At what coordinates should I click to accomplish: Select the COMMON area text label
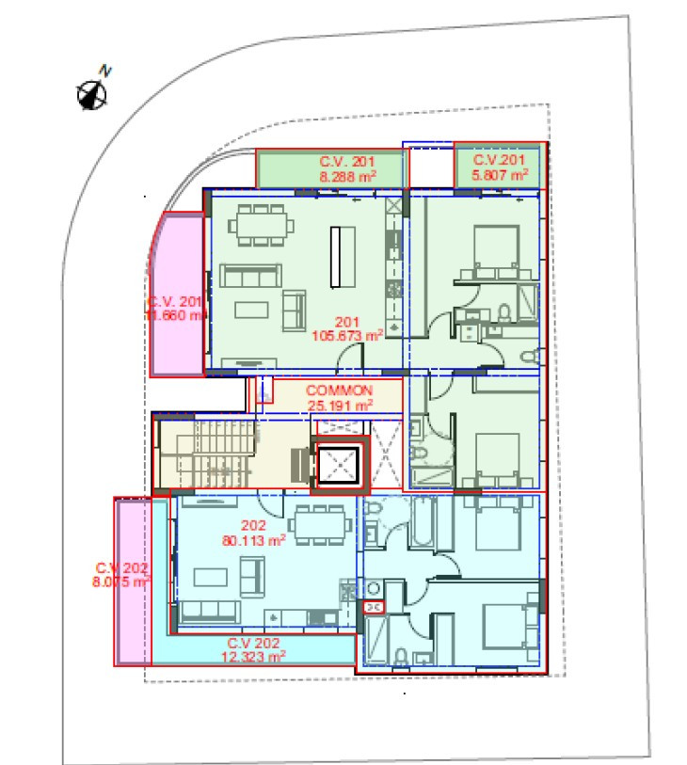tap(340, 390)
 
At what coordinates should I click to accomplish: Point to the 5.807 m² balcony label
tap(499, 174)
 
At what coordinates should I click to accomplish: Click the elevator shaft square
tap(338, 465)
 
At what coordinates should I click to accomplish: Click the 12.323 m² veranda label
tap(254, 655)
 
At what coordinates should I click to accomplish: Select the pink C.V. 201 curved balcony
tap(177, 295)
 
